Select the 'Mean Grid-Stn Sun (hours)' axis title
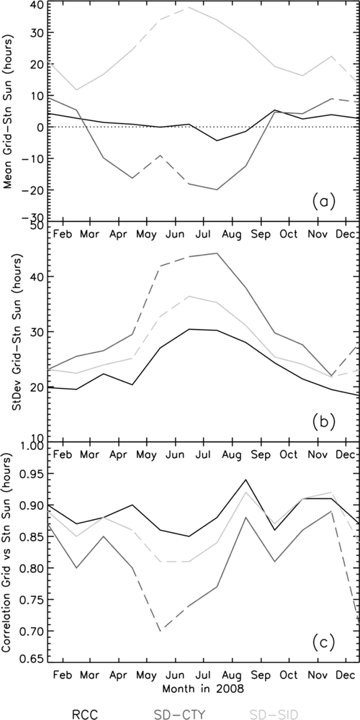[9, 112]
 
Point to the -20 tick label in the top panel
[33, 189]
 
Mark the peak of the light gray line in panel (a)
[189, 7]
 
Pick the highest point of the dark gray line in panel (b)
[217, 253]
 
